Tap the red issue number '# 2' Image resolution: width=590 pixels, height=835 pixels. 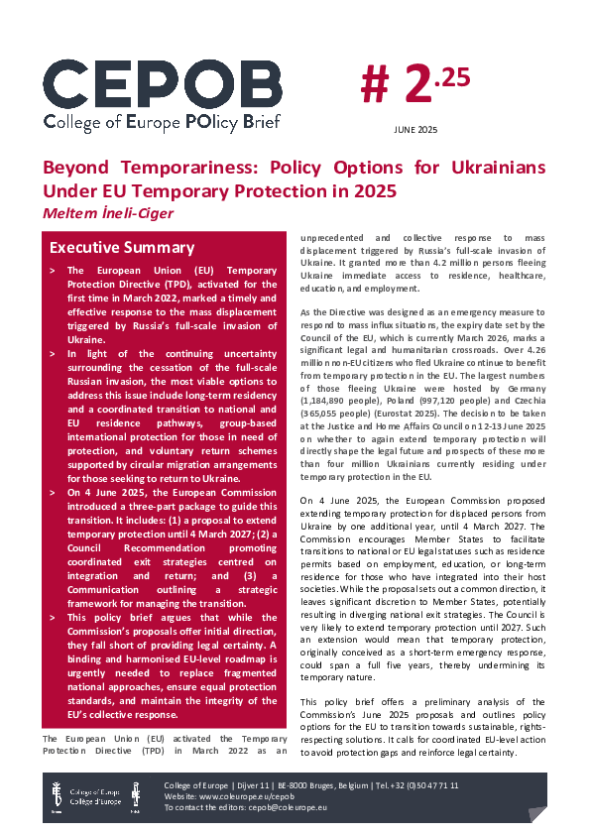click(x=397, y=88)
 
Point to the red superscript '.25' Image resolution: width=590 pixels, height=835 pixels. click(x=452, y=77)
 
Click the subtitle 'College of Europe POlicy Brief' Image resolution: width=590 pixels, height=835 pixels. click(x=162, y=122)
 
